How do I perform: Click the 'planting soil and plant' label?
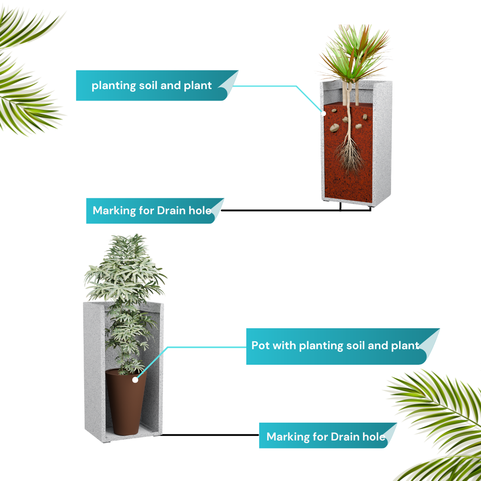157,85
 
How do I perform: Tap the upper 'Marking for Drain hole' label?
155,211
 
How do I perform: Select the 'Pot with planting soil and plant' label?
342,346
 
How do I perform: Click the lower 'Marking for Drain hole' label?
328,436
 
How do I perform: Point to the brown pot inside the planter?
126,402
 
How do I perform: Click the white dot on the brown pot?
135,380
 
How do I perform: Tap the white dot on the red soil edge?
323,114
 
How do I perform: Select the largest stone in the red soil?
334,128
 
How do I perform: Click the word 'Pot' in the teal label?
261,346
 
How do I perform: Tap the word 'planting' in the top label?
114,86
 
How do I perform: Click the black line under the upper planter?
296,210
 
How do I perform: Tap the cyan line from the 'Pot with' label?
192,347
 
